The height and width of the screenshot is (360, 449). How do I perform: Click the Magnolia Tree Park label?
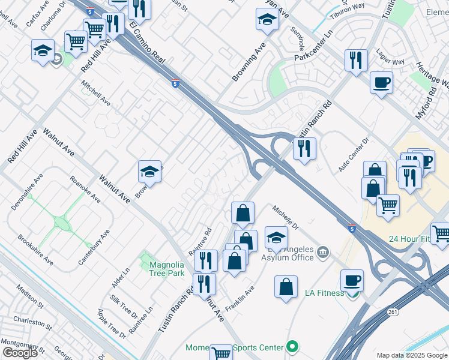point(166,268)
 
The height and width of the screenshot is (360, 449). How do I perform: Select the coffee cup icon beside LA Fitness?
point(352,280)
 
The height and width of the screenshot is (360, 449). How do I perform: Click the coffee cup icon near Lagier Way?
point(381,82)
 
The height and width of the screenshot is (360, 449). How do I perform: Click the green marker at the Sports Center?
point(292,346)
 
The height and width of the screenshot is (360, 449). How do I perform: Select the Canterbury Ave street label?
point(94,247)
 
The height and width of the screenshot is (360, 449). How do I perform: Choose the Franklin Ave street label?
point(240,298)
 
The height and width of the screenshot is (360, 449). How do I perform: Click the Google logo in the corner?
point(20,353)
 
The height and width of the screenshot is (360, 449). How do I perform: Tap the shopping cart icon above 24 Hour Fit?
point(388,205)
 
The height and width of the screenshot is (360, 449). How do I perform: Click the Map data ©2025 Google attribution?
point(411,355)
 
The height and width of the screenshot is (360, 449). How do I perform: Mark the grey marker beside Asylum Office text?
point(323,251)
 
